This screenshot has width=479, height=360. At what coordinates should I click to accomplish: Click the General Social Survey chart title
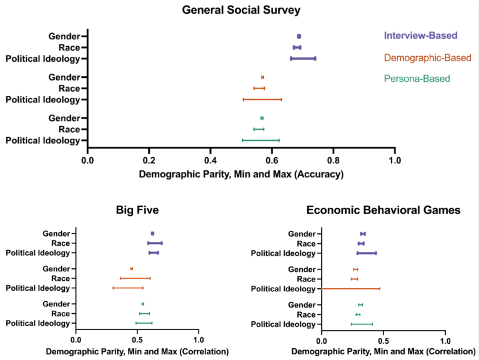(x=240, y=10)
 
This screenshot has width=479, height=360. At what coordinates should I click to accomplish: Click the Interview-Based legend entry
(x=420, y=36)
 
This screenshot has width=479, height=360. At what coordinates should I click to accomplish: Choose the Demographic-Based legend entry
(x=427, y=58)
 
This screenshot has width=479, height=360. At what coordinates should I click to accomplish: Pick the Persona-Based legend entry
(x=418, y=79)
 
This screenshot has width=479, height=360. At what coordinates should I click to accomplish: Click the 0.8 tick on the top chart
(x=333, y=160)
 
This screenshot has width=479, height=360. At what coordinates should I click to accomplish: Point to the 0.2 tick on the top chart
(x=149, y=160)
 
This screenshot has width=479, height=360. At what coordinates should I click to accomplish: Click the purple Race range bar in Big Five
(x=155, y=243)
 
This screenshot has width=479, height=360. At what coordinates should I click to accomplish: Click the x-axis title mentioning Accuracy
(x=241, y=175)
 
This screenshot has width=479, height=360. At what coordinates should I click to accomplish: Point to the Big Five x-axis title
(x=137, y=352)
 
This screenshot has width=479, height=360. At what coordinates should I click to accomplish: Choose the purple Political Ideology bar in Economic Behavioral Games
(x=367, y=253)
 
